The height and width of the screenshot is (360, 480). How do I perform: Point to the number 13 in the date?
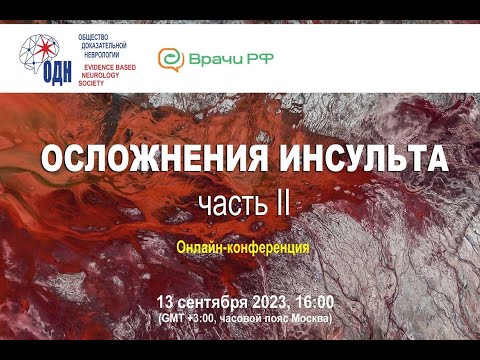pos(166,301)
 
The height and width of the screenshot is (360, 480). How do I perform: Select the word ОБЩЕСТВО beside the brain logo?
pos(95,35)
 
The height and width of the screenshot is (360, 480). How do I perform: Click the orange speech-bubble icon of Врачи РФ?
pos(171,60)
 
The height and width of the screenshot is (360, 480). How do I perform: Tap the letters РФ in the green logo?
pos(259,60)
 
